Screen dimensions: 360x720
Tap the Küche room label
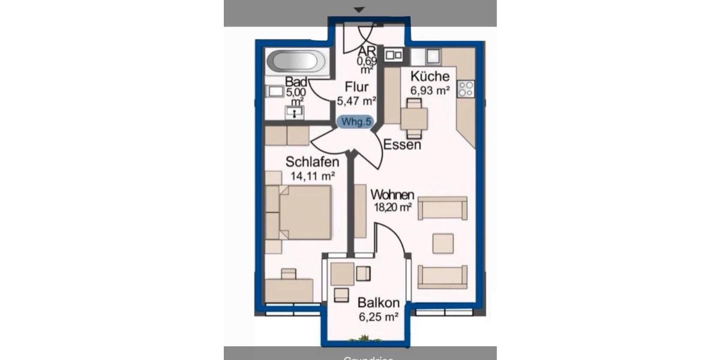coord(430,76)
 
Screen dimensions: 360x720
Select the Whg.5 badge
coord(356,121)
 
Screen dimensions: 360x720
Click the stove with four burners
coord(466,89)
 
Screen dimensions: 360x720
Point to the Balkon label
coord(377,303)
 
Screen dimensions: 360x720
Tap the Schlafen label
coord(313,162)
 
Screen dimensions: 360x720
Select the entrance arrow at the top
coord(359,10)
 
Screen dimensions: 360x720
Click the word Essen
coord(402,145)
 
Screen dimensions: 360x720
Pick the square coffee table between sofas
coord(444,242)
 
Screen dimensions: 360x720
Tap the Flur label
coord(356,87)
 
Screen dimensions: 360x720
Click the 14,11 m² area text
coord(312,176)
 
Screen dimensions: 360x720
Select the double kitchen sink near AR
coord(394,55)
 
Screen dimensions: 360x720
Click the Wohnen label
coord(392,195)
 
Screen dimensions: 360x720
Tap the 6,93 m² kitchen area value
coord(430,91)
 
